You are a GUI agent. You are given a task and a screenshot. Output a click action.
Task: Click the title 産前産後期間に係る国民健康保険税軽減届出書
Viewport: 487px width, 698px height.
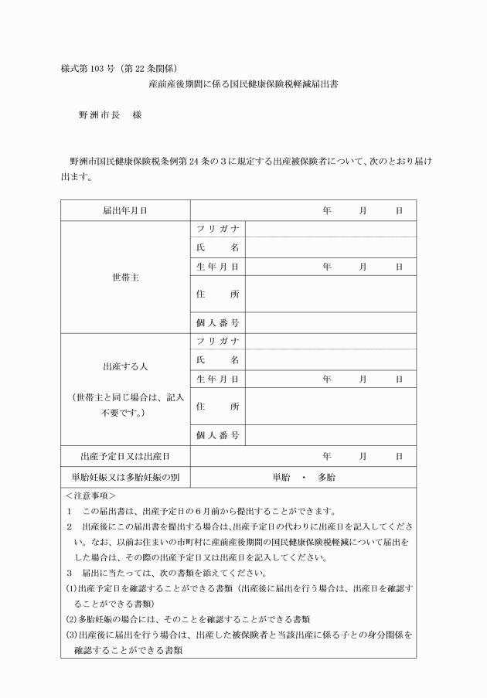[243, 84]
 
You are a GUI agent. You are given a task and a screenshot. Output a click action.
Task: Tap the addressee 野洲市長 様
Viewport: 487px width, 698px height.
[109, 115]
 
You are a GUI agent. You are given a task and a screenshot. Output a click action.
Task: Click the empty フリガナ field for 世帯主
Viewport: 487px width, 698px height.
[330, 229]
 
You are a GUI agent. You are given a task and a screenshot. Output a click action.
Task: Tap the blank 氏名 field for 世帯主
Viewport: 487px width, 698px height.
[330, 247]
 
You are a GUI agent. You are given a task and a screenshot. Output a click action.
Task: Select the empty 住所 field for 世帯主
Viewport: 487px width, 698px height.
[330, 294]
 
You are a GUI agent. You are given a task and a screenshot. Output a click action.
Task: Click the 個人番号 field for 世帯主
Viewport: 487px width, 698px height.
[330, 322]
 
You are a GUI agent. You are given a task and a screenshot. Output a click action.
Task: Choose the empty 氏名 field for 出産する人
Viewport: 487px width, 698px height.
[330, 360]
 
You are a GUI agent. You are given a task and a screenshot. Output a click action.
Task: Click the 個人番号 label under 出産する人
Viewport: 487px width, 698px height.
[217, 436]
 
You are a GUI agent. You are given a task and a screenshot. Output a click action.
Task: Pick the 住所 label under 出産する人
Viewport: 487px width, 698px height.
[217, 407]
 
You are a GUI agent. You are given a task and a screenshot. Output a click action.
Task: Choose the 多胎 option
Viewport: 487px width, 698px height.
[326, 478]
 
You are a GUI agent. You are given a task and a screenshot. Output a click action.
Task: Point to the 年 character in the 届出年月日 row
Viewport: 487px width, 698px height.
[327, 210]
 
